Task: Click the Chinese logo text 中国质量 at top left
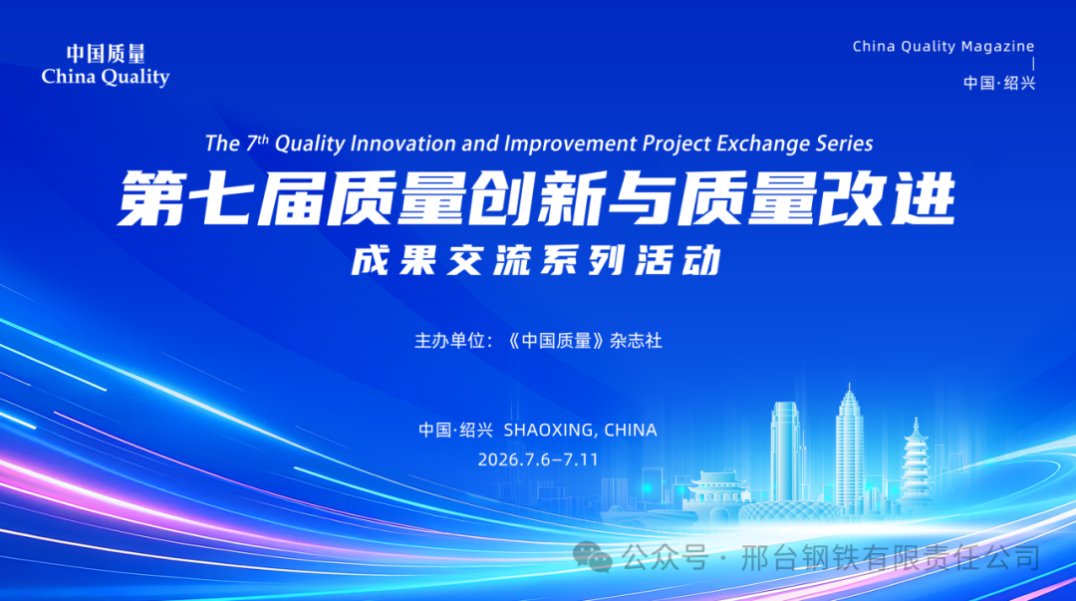(106, 54)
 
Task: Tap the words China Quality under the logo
(106, 77)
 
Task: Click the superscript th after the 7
(263, 139)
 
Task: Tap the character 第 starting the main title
(152, 198)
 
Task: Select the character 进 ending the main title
(922, 198)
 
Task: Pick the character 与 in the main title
(642, 198)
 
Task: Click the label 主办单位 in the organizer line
(450, 341)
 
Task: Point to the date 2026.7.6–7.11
(538, 459)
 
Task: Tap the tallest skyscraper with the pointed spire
(850, 450)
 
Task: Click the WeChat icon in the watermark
(592, 556)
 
